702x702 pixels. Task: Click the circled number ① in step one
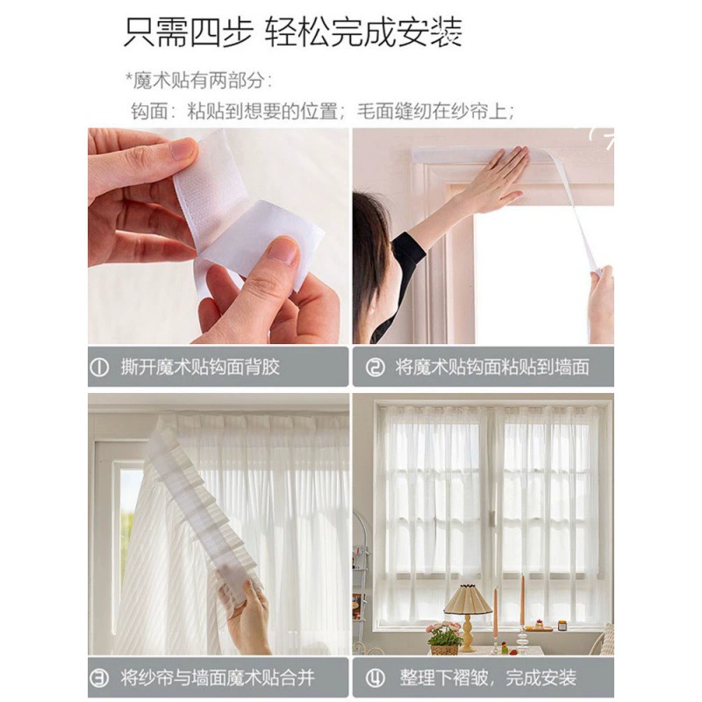click(99, 368)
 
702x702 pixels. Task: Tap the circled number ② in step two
click(375, 368)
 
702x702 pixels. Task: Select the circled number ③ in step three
click(99, 677)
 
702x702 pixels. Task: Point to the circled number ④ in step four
click(375, 677)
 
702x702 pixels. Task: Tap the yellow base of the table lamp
click(468, 633)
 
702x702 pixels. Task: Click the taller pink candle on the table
click(522, 600)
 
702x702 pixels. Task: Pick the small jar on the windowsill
click(562, 625)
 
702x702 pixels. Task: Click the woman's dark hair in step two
click(371, 251)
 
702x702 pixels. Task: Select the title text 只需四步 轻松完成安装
click(292, 32)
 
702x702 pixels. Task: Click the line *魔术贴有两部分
click(198, 81)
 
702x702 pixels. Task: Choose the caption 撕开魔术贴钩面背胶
click(200, 368)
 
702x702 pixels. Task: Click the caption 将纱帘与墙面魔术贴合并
click(218, 677)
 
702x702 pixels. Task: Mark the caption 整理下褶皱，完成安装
click(488, 677)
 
